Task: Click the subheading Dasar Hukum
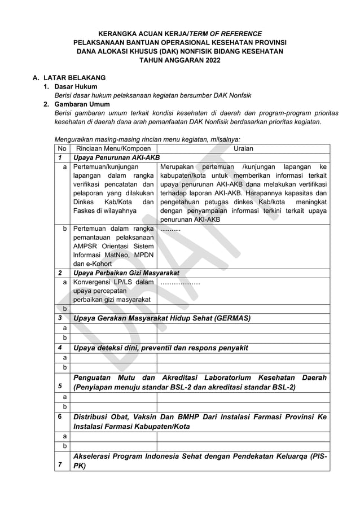(x=76, y=86)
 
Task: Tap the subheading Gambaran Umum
(x=81, y=104)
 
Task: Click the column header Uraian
(x=243, y=148)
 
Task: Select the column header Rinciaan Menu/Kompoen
(x=111, y=148)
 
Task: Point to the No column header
(x=61, y=148)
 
